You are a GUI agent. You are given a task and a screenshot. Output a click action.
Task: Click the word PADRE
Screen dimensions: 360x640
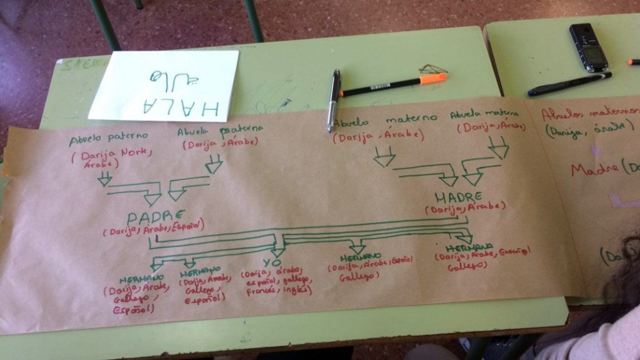click(x=152, y=217)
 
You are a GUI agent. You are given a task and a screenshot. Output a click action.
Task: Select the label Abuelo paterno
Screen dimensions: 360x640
click(x=108, y=137)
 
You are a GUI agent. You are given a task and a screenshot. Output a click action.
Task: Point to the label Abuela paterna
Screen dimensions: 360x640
click(x=219, y=131)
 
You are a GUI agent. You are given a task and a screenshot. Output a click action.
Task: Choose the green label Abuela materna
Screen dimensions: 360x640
click(x=485, y=115)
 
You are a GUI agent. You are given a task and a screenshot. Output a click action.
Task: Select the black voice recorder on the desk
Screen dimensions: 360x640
click(x=587, y=47)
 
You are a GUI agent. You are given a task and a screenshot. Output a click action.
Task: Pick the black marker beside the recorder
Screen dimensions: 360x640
click(x=569, y=84)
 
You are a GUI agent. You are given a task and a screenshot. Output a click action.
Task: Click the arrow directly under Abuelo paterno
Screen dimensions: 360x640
click(x=105, y=179)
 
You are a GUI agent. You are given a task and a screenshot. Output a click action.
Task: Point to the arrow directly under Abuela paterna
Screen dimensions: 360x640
click(x=214, y=164)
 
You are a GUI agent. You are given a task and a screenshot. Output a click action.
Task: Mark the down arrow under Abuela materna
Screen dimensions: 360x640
click(x=499, y=149)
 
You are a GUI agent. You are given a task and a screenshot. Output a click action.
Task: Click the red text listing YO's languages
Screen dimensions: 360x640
click(x=273, y=282)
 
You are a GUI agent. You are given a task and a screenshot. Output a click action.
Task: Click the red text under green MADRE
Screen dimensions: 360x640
click(x=466, y=208)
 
